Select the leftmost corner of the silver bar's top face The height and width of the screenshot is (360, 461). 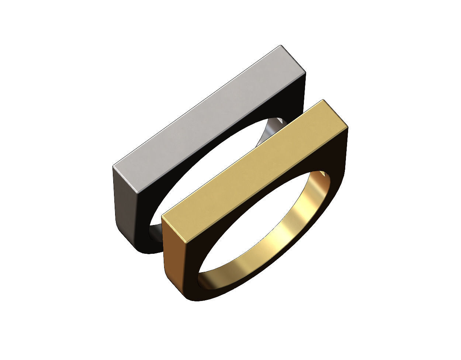[113, 167]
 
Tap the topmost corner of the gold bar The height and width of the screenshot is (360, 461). [323, 100]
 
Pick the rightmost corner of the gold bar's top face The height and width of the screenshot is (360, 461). [348, 127]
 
